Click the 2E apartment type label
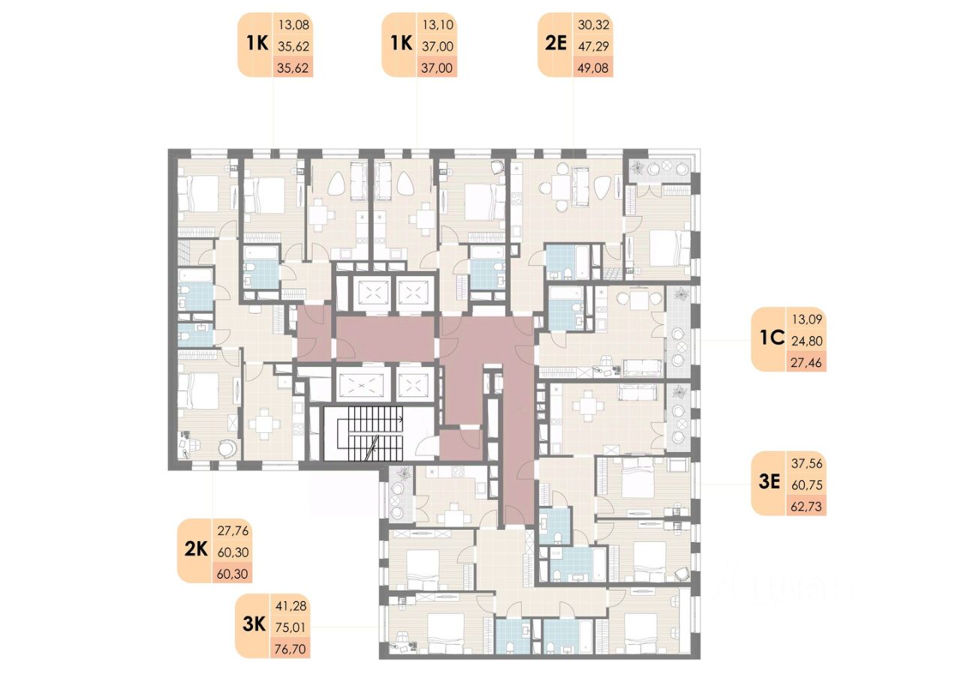tap(555, 44)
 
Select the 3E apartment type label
tap(769, 483)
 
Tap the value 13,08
tap(294, 25)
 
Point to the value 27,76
tap(232, 531)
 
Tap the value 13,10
tap(438, 25)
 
